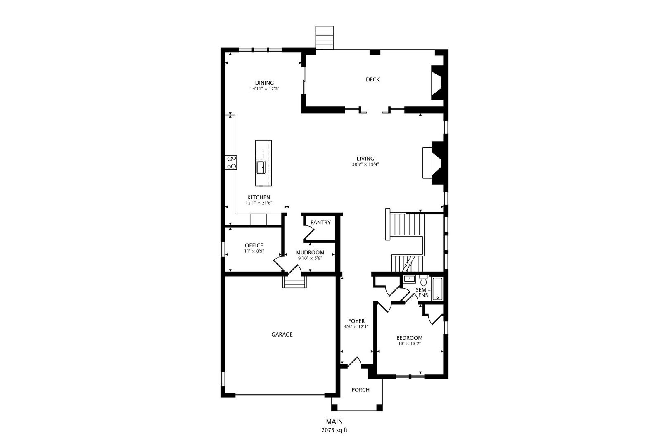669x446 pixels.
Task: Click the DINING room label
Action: pyautogui.click(x=264, y=83)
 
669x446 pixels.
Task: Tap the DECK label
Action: pyautogui.click(x=373, y=79)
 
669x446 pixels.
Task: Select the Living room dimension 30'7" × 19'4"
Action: pyautogui.click(x=365, y=164)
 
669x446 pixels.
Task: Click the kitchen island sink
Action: pyautogui.click(x=261, y=167)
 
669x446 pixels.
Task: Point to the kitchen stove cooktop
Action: pyautogui.click(x=231, y=163)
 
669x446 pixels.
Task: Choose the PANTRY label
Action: pyautogui.click(x=320, y=223)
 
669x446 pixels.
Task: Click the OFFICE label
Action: pyautogui.click(x=254, y=246)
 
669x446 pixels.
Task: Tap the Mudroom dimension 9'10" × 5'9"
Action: pyautogui.click(x=310, y=258)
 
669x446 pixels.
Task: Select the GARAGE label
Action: pyautogui.click(x=282, y=334)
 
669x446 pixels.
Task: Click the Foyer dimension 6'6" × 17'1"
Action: pyautogui.click(x=356, y=327)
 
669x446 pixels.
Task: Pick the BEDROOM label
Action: pyautogui.click(x=409, y=338)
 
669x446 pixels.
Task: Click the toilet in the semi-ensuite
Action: pyautogui.click(x=424, y=280)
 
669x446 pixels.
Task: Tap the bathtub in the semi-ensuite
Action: pyautogui.click(x=437, y=289)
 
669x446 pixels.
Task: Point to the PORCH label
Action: pyautogui.click(x=361, y=390)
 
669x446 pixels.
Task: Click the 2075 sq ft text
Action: pyautogui.click(x=334, y=430)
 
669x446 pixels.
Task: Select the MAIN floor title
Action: pyautogui.click(x=334, y=422)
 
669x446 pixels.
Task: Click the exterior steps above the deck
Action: pyautogui.click(x=324, y=38)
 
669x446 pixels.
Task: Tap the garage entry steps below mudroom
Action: pyautogui.click(x=294, y=282)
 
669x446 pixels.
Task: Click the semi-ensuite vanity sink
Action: pyautogui.click(x=409, y=279)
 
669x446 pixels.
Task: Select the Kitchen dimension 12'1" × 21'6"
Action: pyautogui.click(x=259, y=203)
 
